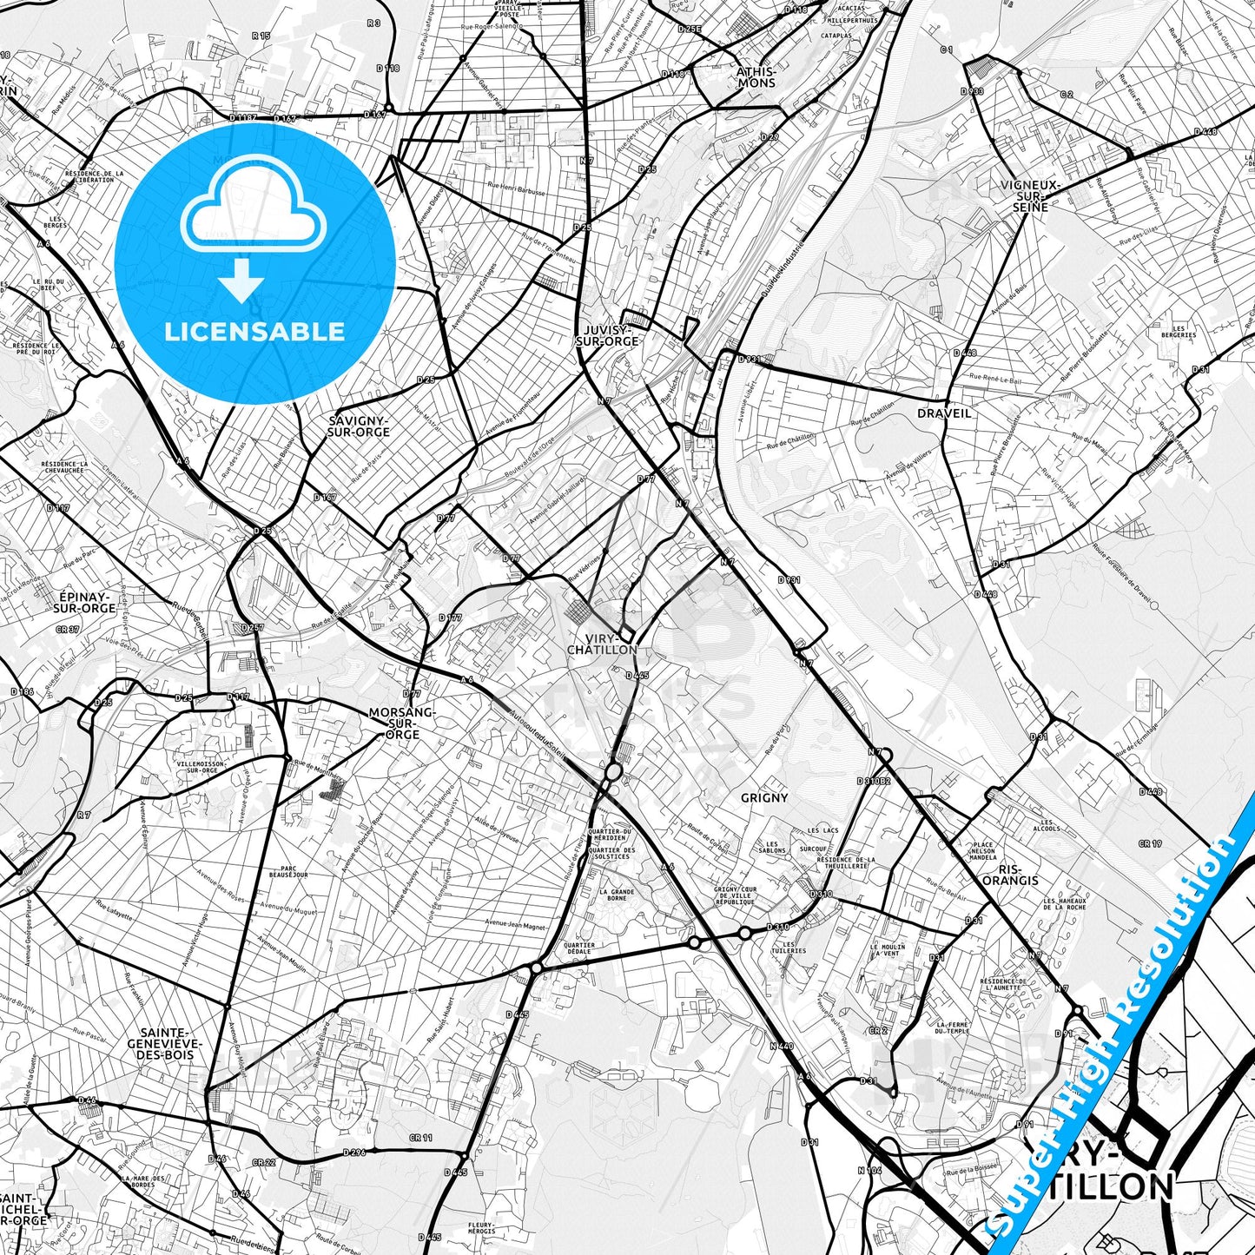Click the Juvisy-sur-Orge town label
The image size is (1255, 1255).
607,335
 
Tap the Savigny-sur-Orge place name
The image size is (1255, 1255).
359,426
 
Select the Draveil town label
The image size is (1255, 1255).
944,413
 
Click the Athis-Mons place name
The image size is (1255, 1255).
756,77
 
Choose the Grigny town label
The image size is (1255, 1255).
764,797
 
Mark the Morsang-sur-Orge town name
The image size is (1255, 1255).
401,723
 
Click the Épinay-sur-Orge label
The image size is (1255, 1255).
88,603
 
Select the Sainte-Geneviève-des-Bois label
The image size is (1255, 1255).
164,1042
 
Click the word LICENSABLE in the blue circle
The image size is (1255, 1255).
254,331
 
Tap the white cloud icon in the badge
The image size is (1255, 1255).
253,211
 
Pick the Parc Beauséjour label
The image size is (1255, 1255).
288,871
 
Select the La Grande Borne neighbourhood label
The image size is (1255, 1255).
616,895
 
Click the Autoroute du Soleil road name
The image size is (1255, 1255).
538,736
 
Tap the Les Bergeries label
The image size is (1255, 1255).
1178,332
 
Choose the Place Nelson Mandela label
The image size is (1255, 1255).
983,850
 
